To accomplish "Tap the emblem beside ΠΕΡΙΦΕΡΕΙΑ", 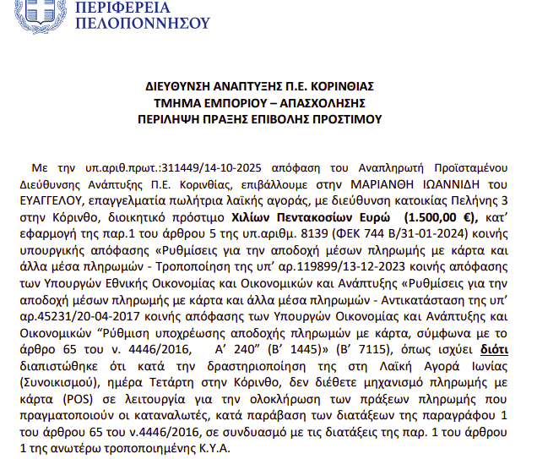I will click(x=37, y=12).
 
